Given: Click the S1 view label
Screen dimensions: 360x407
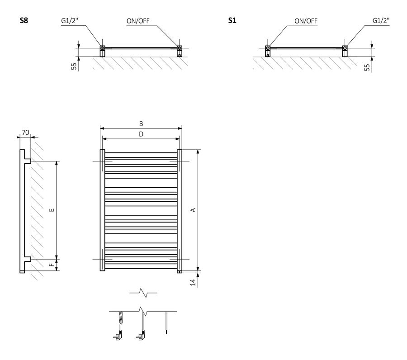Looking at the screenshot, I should point(232,20).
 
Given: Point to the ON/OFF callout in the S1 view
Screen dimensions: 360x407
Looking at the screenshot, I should point(306,20).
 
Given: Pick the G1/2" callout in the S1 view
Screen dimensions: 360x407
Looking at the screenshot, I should point(381,20).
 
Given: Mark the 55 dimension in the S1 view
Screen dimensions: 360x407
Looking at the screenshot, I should point(367,66).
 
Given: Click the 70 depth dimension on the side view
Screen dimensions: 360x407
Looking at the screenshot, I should point(25,133).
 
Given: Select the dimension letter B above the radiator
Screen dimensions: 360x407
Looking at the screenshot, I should point(141,123).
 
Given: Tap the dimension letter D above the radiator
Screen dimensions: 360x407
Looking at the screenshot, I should point(141,134).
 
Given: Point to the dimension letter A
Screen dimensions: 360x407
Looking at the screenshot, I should point(193,209).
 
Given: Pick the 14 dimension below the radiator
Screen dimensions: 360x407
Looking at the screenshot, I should point(193,282).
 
